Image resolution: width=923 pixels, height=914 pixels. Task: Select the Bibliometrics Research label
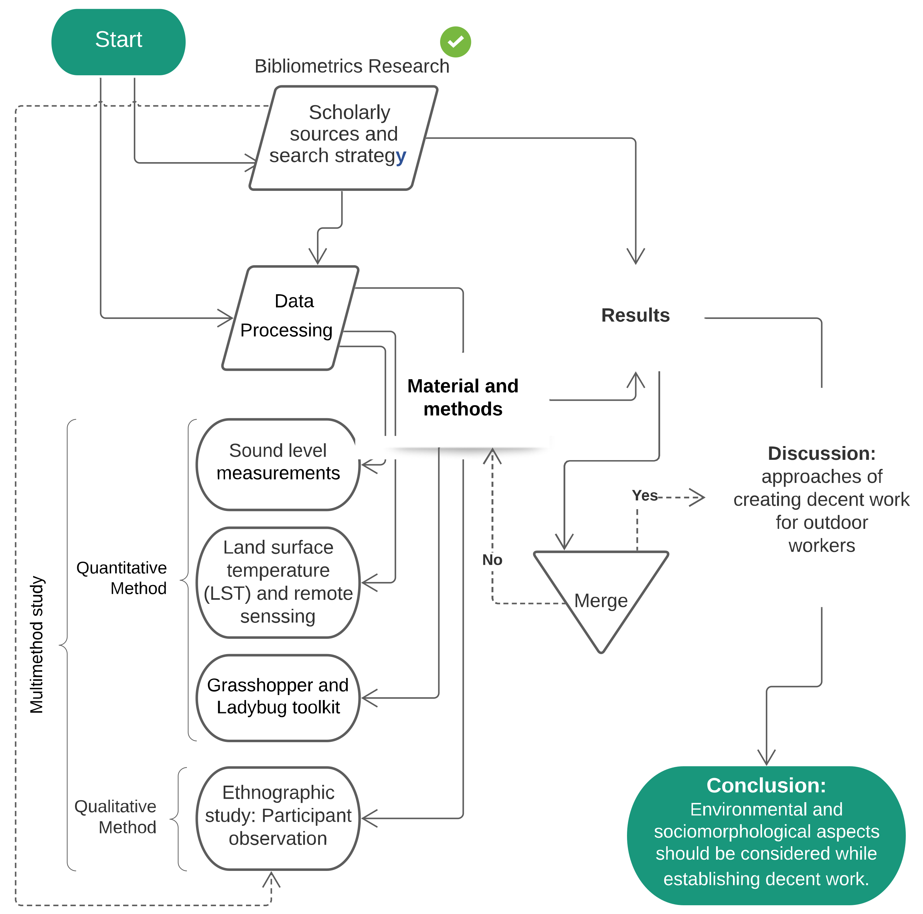[352, 66]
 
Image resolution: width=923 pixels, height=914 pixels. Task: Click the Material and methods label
[463, 397]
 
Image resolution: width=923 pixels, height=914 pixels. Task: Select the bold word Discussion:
[821, 453]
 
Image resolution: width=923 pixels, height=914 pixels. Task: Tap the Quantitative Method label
[122, 578]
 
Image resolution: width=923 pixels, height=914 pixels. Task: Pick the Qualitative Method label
[116, 817]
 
